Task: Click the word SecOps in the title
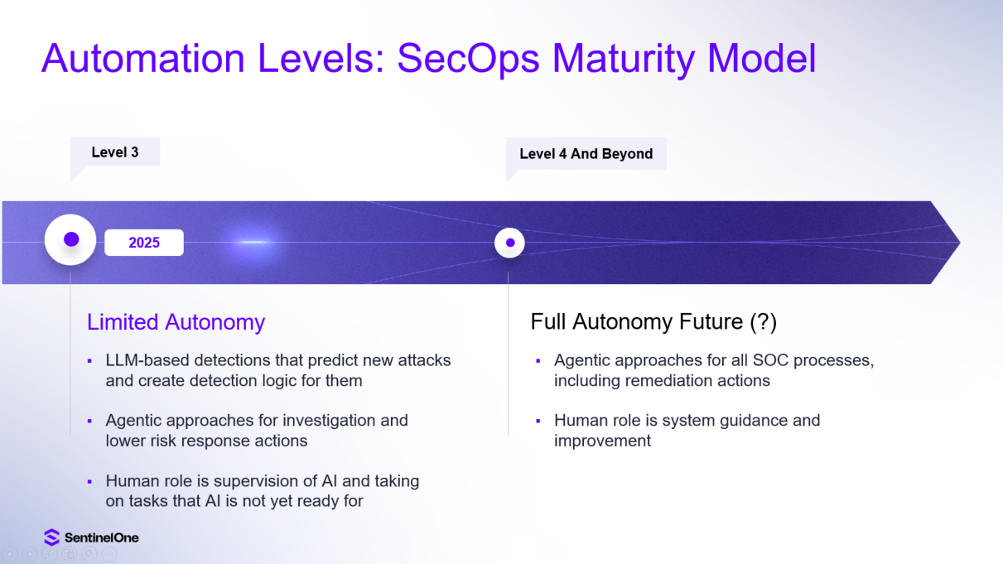[468, 59]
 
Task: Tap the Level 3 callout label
[115, 152]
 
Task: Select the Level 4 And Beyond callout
[586, 154]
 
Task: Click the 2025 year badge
[144, 243]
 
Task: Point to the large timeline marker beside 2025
[70, 240]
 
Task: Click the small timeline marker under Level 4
[509, 243]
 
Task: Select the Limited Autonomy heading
[176, 322]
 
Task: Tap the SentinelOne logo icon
[52, 537]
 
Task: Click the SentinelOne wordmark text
[102, 537]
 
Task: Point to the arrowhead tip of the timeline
[960, 243]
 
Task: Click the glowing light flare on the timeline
[253, 242]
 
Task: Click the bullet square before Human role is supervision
[89, 482]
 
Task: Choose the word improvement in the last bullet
[602, 441]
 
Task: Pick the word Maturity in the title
[624, 59]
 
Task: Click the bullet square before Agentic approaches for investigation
[89, 422]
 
